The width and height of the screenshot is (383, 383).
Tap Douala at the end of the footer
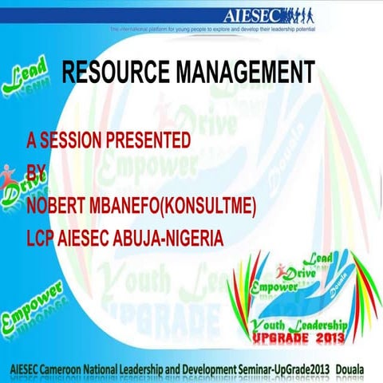(356, 369)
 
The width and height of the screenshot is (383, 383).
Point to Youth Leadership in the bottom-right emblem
(298, 324)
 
